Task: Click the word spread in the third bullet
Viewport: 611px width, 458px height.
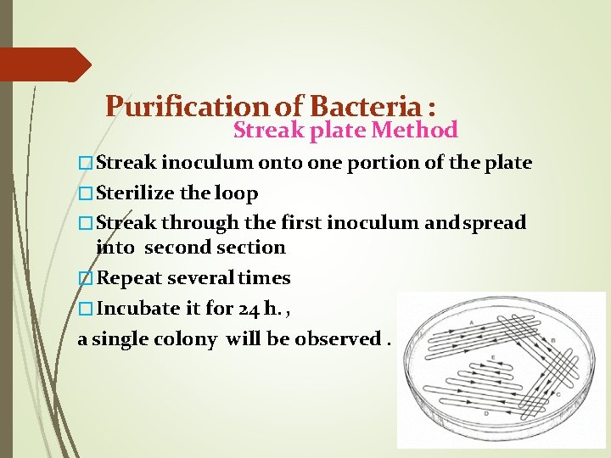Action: pos(496,223)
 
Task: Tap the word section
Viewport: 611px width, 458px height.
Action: pos(252,248)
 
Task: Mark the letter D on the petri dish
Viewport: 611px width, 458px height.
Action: pos(485,413)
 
